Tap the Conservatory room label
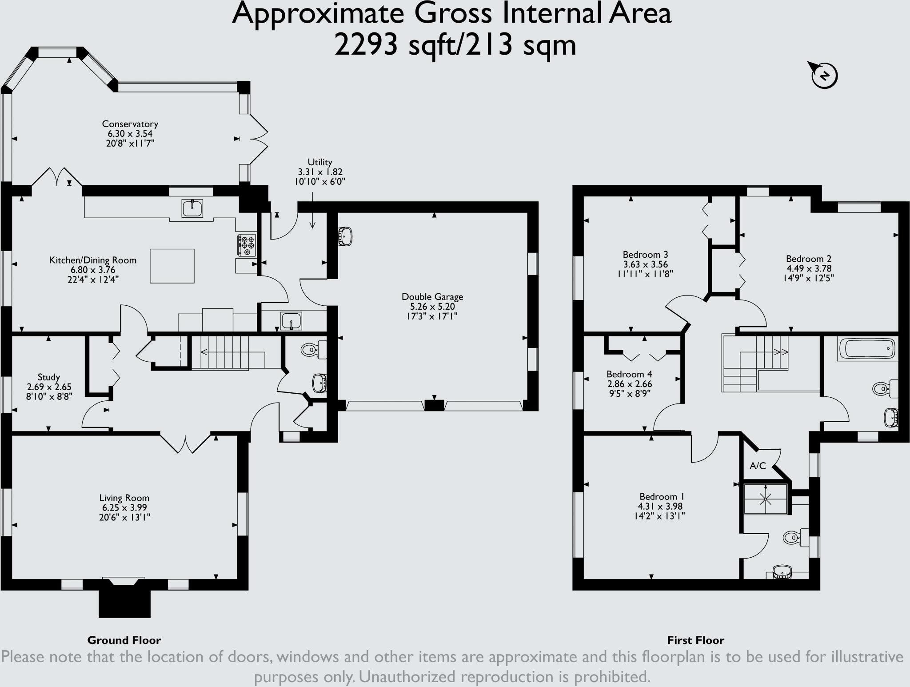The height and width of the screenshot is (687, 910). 130,124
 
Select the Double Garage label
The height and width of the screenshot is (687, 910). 432,297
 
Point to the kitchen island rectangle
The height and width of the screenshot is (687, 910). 172,266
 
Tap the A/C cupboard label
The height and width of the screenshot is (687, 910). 758,466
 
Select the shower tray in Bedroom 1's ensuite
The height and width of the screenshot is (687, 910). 766,499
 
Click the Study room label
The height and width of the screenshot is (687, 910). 49,377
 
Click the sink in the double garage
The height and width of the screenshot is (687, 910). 346,236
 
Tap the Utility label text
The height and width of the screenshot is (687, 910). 320,163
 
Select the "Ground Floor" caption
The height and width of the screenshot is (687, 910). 124,640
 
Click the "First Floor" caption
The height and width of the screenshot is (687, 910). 695,640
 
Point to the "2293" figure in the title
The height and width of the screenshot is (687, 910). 366,46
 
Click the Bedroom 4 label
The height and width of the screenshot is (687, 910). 629,374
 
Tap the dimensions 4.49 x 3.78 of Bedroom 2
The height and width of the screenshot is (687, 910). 809,268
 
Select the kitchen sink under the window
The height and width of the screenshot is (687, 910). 192,208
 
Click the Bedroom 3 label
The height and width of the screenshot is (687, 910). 645,255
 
